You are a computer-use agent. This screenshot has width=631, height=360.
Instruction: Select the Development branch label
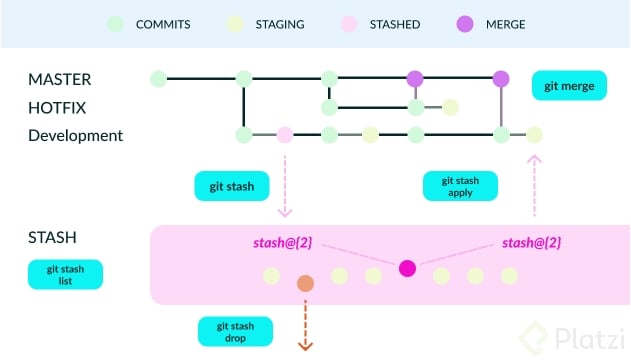click(x=76, y=135)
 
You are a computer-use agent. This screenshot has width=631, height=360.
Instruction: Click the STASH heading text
click(x=53, y=238)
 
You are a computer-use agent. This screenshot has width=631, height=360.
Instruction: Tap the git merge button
click(x=569, y=86)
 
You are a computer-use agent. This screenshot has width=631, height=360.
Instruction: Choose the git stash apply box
click(x=460, y=186)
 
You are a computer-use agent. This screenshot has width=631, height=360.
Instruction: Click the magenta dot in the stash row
click(x=407, y=268)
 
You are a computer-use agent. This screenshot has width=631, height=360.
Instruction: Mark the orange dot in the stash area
click(x=306, y=284)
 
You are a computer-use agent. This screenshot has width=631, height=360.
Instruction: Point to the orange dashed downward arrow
click(x=306, y=325)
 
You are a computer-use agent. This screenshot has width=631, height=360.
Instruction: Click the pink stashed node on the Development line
click(x=285, y=134)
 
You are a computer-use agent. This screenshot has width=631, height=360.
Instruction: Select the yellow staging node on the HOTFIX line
click(x=451, y=107)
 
